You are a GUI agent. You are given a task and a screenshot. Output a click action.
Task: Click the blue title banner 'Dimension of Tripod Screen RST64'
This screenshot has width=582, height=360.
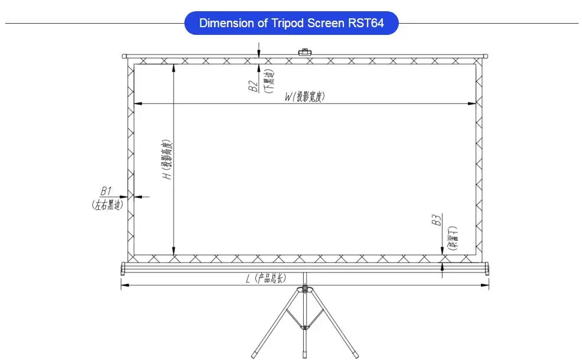(291, 24)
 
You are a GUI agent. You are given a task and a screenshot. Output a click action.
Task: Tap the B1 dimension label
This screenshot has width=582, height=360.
(106, 192)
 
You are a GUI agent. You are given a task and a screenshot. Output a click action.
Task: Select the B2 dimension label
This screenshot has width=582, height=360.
(252, 87)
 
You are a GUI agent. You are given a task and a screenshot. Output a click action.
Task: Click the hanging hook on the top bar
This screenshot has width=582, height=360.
(305, 53)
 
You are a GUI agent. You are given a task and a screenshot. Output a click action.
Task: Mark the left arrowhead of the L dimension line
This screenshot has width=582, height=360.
(123, 286)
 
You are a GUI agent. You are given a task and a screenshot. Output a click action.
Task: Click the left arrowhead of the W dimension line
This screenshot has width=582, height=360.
(137, 104)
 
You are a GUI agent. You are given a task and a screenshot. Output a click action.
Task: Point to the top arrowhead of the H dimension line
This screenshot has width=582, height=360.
(173, 67)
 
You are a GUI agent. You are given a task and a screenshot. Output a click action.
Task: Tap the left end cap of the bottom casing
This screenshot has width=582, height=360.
(123, 268)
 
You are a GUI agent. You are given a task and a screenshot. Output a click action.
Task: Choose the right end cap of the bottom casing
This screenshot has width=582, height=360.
(487, 268)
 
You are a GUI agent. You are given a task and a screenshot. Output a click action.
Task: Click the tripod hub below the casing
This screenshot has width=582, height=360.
(305, 289)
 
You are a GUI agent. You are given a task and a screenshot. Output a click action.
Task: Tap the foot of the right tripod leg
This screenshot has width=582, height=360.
(355, 355)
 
